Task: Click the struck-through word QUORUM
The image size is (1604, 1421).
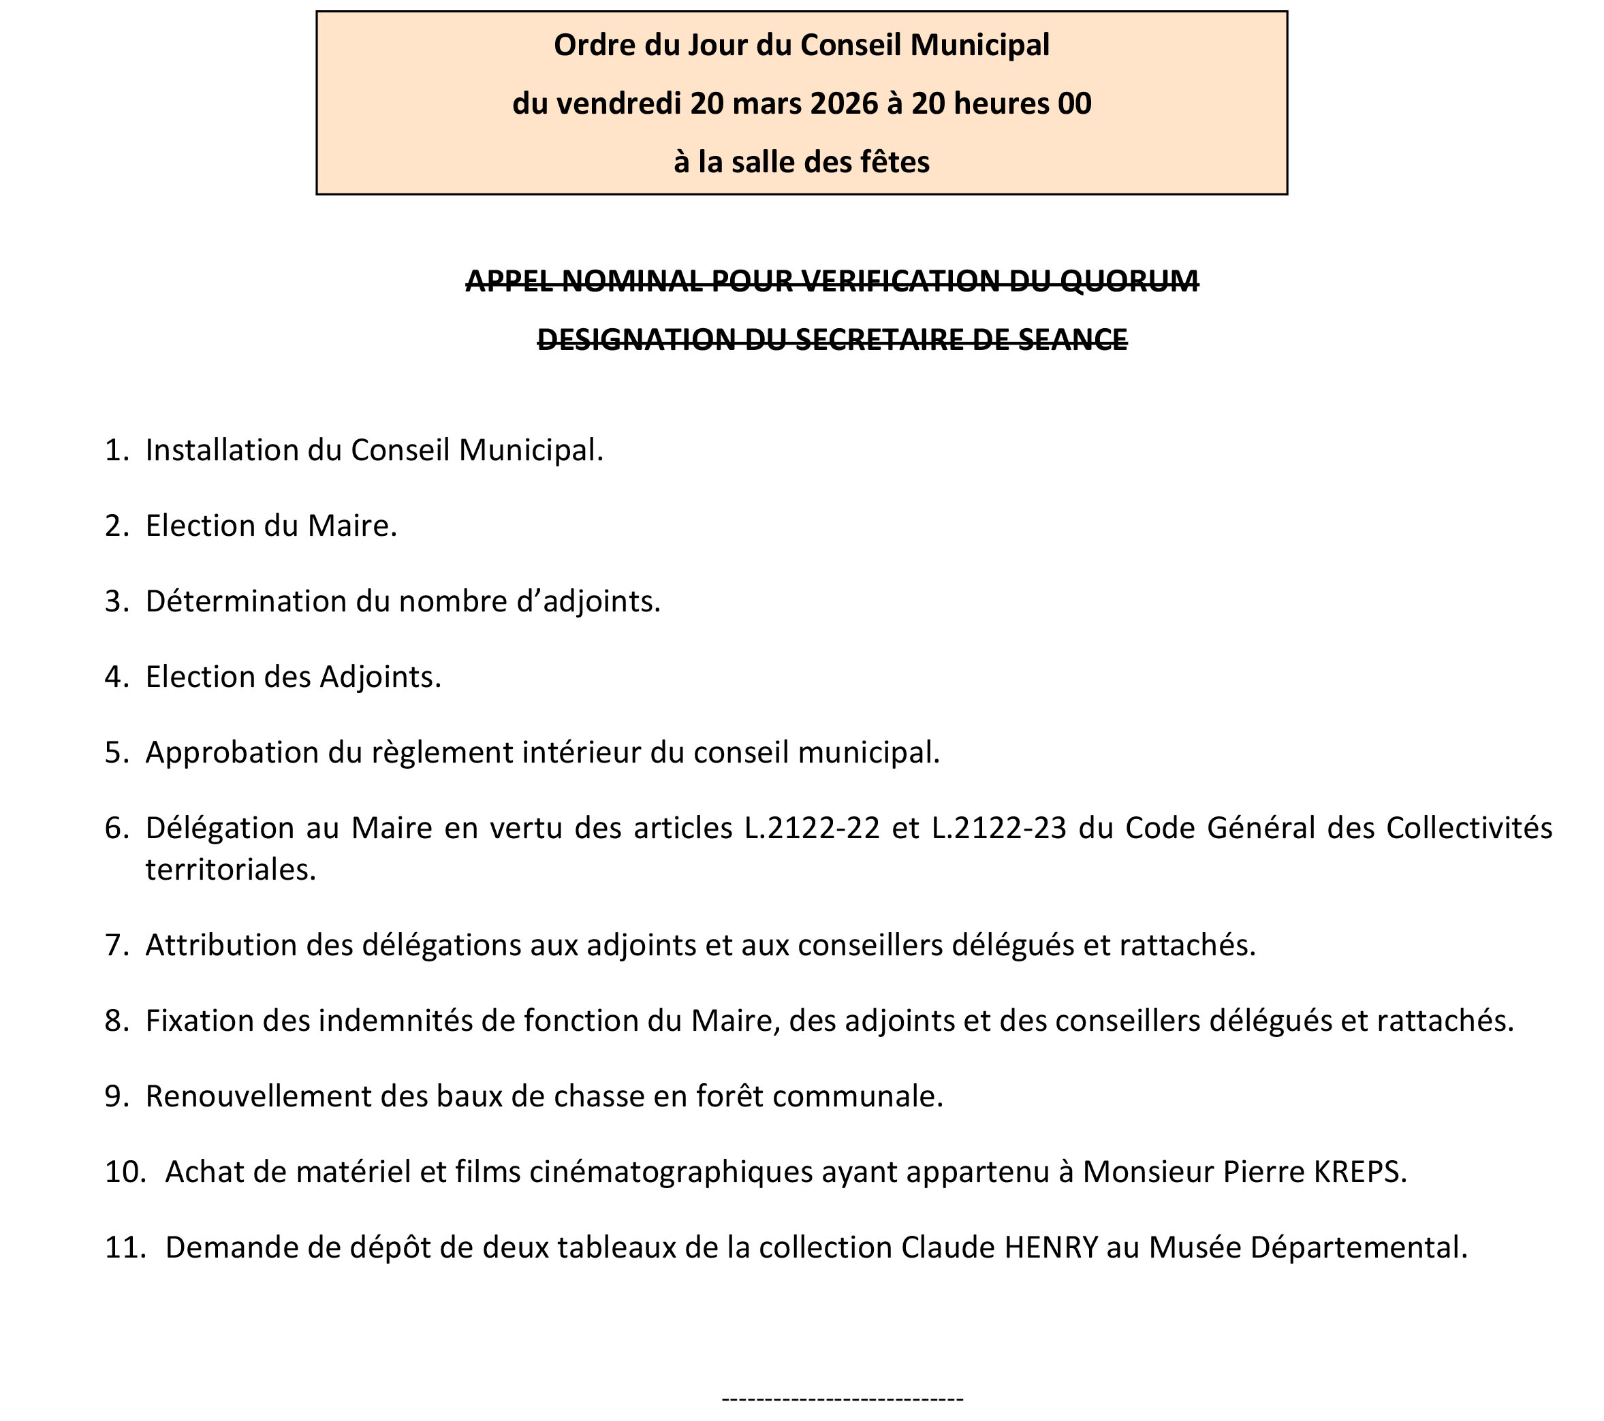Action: click(1129, 281)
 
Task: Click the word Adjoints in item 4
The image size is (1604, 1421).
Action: click(380, 677)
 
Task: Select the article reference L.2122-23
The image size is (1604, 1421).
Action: click(999, 829)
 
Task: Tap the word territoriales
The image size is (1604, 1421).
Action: click(230, 870)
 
